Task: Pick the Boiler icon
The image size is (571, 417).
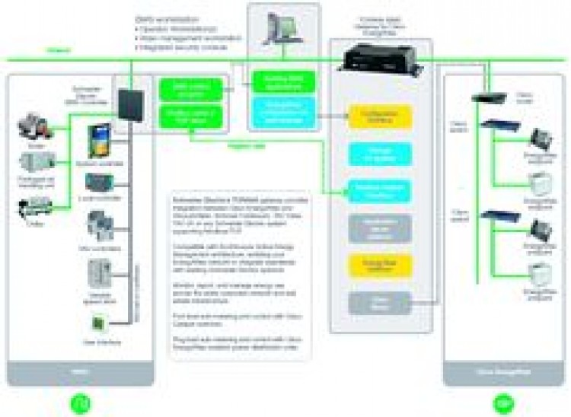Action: (x=32, y=123)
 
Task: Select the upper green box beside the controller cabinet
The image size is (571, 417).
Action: (x=190, y=90)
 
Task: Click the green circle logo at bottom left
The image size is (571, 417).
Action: (x=79, y=402)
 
